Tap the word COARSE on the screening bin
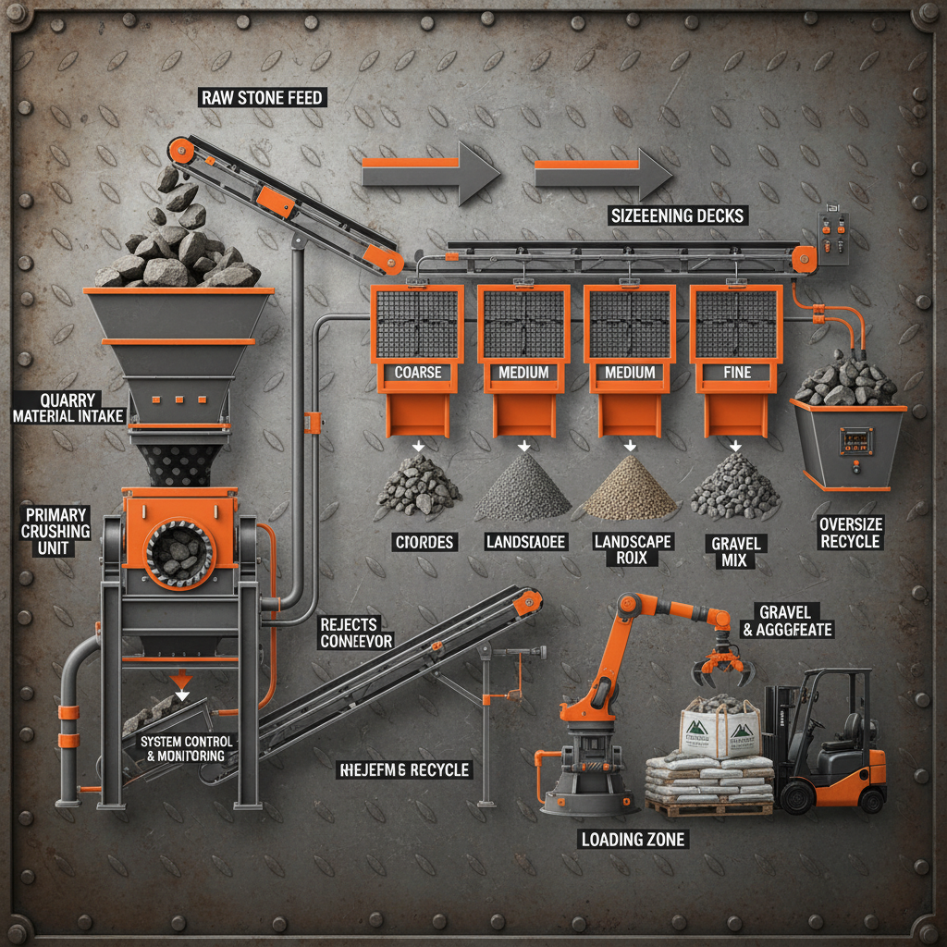[x=417, y=373]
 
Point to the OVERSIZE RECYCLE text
[x=850, y=533]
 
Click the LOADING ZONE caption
[x=633, y=840]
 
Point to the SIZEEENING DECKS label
[x=677, y=215]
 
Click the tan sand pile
[x=630, y=487]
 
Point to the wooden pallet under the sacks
[x=708, y=807]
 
